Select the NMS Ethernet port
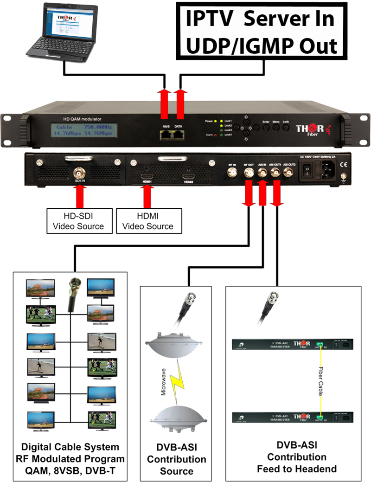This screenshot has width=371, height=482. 166,135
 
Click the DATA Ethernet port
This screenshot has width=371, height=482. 179,135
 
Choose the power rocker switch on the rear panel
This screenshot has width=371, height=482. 307,172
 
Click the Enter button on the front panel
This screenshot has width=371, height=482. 266,127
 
